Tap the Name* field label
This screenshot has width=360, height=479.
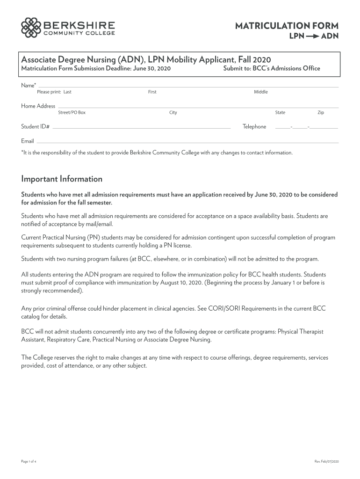click(x=29, y=85)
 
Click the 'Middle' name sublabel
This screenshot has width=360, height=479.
click(x=261, y=92)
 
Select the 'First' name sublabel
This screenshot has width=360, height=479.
click(x=152, y=92)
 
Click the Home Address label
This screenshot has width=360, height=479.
click(x=38, y=106)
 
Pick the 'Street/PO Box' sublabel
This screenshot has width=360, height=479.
click(x=72, y=113)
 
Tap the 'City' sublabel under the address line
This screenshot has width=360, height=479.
click(x=173, y=113)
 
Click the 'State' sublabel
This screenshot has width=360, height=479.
click(x=280, y=113)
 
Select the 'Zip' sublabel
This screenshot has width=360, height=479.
click(x=321, y=113)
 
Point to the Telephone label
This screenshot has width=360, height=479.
click(x=254, y=127)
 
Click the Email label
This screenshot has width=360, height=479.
click(x=28, y=141)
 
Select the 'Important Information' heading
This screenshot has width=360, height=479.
click(x=62, y=179)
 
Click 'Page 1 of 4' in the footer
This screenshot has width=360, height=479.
click(x=29, y=462)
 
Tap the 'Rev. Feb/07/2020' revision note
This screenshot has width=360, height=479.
click(x=326, y=462)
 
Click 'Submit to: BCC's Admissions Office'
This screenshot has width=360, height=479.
click(x=272, y=69)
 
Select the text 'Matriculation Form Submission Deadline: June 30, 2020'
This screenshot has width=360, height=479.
click(x=96, y=69)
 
